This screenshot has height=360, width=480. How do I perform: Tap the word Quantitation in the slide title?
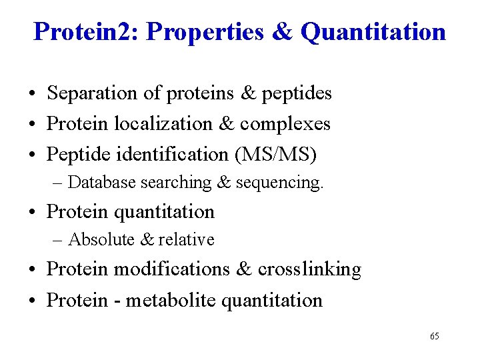pos(373,31)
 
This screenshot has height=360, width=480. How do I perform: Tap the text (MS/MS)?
pos(276,155)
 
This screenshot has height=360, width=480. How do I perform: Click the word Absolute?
pos(98,239)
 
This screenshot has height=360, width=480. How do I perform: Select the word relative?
pos(186,239)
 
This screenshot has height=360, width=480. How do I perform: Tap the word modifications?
pos(172,269)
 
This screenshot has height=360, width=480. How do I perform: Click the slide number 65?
pos(434,336)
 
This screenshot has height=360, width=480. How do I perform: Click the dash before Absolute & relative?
pos(59,240)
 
